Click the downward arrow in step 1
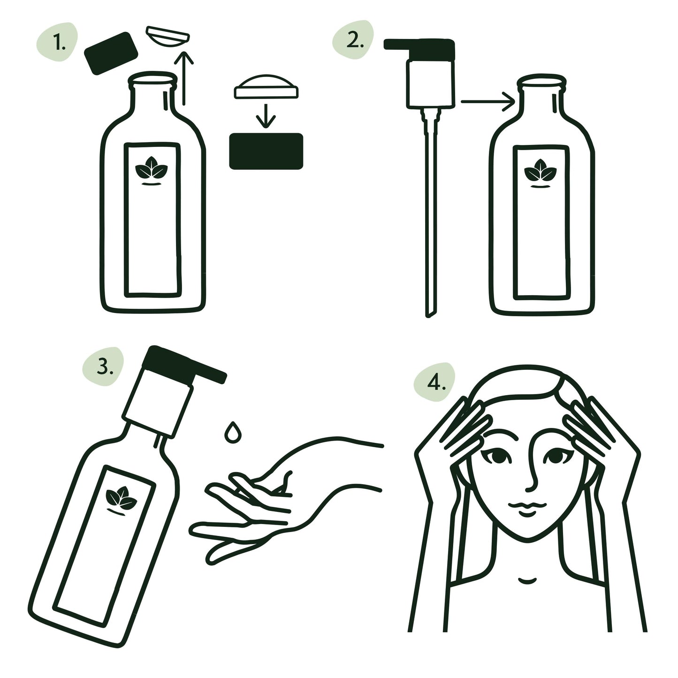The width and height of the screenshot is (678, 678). pos(266,115)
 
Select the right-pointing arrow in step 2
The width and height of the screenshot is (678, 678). pos(488,101)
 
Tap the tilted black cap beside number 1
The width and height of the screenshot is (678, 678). pos(110,53)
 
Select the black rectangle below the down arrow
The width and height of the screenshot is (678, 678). pos(266,151)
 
